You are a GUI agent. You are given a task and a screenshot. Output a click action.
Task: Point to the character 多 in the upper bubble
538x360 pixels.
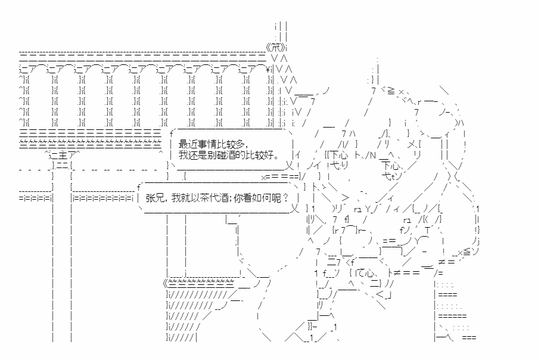[240, 144]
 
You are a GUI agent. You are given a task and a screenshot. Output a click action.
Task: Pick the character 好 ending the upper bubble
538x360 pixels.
[269, 155]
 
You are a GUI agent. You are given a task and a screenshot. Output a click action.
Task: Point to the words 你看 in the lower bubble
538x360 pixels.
[242, 198]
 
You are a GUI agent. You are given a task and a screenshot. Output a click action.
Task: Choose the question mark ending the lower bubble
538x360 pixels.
[285, 198]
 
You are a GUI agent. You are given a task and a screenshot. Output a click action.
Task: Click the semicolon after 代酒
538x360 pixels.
[229, 198]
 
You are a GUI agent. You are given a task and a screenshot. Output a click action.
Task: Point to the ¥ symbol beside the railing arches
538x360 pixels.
[268, 69]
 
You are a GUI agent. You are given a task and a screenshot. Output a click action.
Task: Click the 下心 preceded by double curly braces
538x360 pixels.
[338, 155]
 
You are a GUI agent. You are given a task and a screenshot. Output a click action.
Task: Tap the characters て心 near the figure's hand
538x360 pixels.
[365, 273]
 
